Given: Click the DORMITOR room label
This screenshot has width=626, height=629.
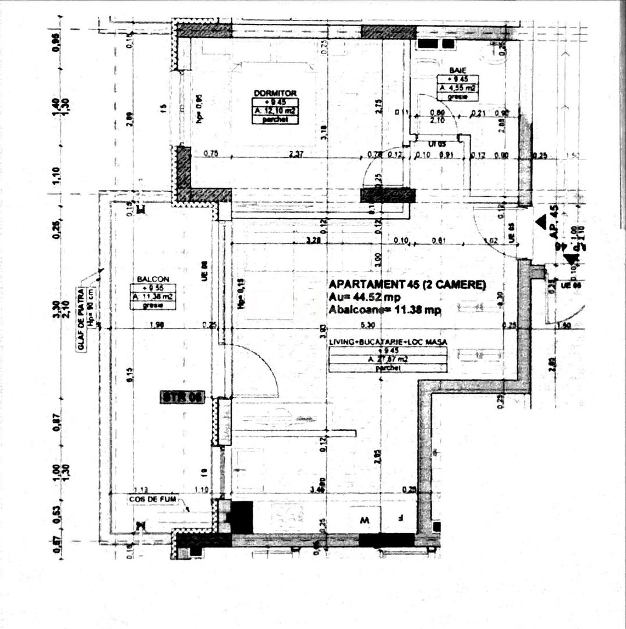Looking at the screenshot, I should click(x=275, y=93).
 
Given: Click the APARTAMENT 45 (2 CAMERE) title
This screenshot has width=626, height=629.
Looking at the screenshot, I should click(x=407, y=285).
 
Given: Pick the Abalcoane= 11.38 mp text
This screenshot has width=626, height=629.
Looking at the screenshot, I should click(x=384, y=310).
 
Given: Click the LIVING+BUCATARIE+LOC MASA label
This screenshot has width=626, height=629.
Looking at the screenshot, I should click(x=388, y=342).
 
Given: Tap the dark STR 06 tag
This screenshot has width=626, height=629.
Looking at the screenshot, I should click(x=182, y=398).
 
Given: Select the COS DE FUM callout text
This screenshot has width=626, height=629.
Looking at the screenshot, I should click(x=153, y=499).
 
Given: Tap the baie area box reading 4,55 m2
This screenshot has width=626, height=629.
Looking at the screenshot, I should click(x=457, y=88).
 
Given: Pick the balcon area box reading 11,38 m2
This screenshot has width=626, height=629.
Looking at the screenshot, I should click(x=153, y=296).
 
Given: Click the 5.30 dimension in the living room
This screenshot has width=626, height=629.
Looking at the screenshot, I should click(x=367, y=325).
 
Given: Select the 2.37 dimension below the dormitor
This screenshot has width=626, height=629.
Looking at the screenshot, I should click(x=297, y=154).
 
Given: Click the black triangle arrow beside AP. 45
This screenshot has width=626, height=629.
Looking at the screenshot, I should click(x=541, y=221).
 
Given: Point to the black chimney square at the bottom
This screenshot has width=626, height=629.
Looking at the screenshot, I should click(x=242, y=517).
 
